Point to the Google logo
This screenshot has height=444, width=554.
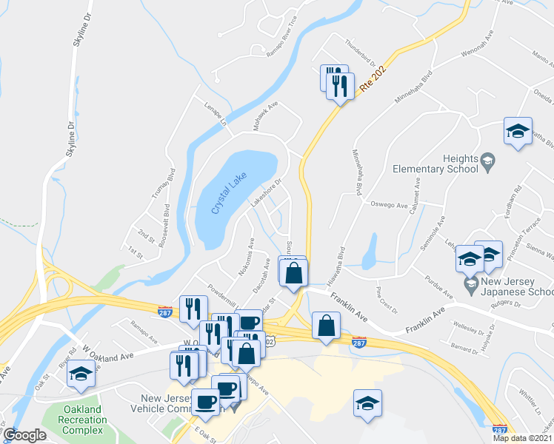click(x=24, y=435)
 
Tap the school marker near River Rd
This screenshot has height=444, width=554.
click(x=81, y=374)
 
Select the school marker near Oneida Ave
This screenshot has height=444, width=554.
click(x=518, y=132)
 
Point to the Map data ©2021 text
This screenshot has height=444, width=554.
click(x=522, y=438)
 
